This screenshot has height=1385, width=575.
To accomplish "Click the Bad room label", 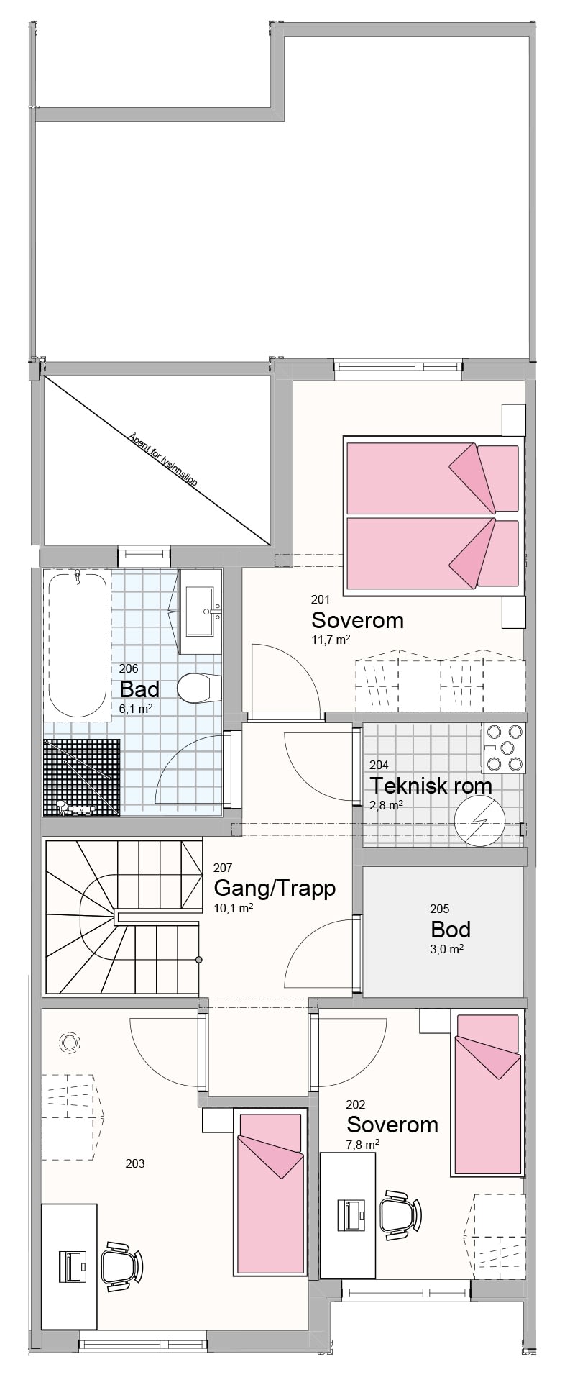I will pyautogui.click(x=139, y=689).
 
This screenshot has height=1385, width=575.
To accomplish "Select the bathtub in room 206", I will pyautogui.click(x=77, y=644).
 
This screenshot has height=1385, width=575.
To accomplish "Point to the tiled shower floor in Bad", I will pyautogui.click(x=81, y=777).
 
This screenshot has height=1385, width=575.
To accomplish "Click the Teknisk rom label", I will pyautogui.click(x=431, y=785).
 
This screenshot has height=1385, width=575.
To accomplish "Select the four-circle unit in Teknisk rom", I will pyautogui.click(x=505, y=748).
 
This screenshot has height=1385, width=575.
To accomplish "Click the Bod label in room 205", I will pyautogui.click(x=451, y=929).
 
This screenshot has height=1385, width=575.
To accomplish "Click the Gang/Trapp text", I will pyautogui.click(x=275, y=889).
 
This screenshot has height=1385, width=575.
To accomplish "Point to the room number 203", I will pyautogui.click(x=135, y=1163).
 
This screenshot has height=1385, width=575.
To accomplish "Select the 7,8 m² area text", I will pyautogui.click(x=363, y=1143).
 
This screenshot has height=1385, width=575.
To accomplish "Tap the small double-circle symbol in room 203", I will pyautogui.click(x=70, y=1041).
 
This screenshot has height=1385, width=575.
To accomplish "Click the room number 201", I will pyautogui.click(x=320, y=599).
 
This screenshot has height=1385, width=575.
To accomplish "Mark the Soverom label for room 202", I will pyautogui.click(x=392, y=1124).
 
